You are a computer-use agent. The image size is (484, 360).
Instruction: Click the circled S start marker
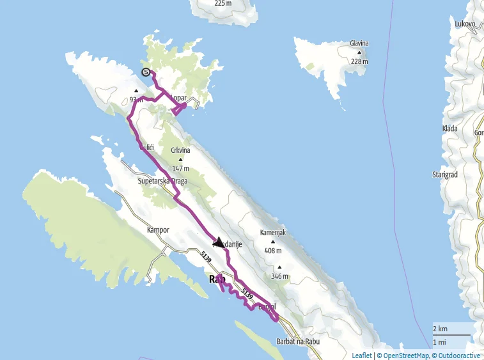click(x=146, y=72)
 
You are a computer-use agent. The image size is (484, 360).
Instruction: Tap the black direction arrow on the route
click(x=219, y=242)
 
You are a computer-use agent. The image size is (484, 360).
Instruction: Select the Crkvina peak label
click(x=180, y=151)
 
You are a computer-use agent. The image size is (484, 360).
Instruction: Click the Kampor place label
click(x=157, y=229)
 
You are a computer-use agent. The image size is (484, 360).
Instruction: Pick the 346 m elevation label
click(x=279, y=276)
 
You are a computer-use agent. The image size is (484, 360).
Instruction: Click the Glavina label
click(x=359, y=43)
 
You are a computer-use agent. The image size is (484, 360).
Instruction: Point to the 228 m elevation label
click(x=359, y=61)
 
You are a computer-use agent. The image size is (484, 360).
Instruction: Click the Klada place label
click(x=449, y=129)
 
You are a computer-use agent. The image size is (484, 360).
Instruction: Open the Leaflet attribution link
click(x=362, y=356)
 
